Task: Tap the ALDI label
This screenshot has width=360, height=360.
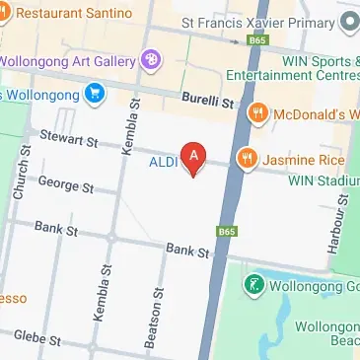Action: point(164,162)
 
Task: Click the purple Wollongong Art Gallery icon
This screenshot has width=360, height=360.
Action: point(151,60)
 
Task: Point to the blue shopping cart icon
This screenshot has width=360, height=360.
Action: point(95,94)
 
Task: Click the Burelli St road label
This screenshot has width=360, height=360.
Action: point(205,100)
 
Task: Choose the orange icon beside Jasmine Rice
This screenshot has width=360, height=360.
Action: point(247,157)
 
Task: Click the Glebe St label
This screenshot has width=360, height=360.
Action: point(36,338)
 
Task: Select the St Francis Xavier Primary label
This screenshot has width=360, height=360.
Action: point(256,21)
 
